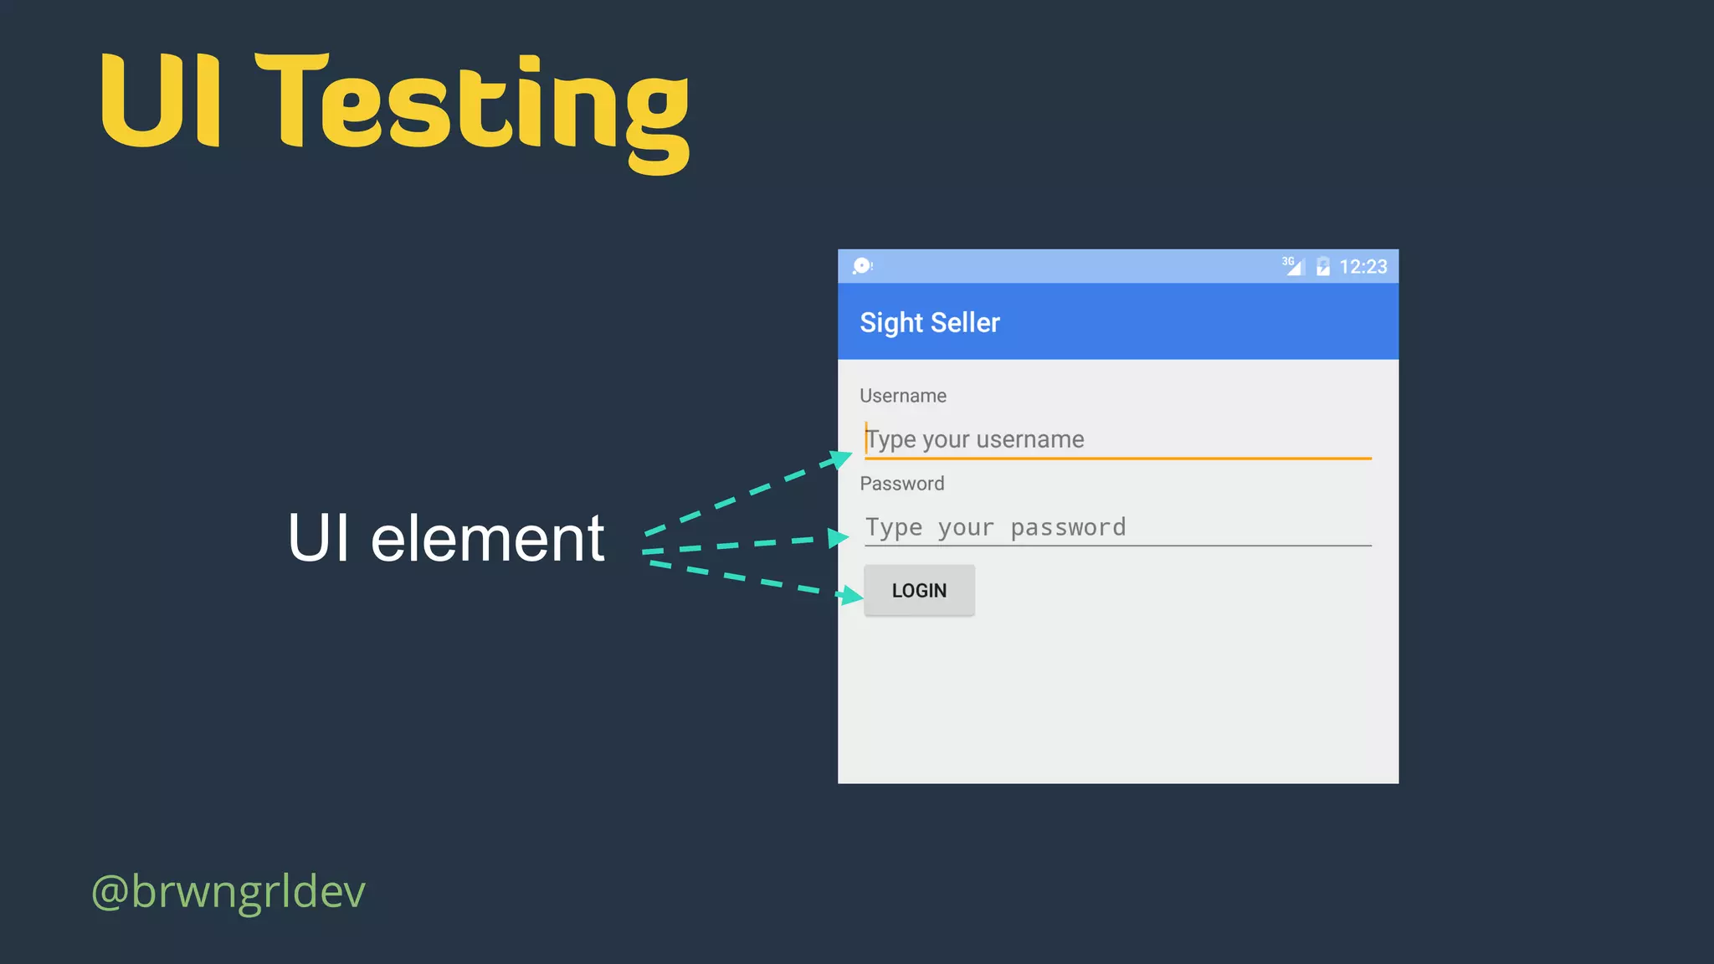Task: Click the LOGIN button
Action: pos(919,590)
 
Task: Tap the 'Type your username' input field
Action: pos(1117,439)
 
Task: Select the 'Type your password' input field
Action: pos(1117,527)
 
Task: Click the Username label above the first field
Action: pos(902,396)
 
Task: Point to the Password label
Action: pos(901,484)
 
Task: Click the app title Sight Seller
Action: pos(929,323)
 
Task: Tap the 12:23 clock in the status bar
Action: pos(1362,267)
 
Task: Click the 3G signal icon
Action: pos(1293,265)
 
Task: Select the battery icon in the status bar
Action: pos(1322,267)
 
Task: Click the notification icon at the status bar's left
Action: pos(862,266)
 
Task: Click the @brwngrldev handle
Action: pos(228,890)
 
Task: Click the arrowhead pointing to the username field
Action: pos(837,459)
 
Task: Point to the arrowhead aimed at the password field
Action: pos(838,537)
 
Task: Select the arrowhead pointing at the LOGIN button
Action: pos(851,595)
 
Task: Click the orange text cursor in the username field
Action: pos(866,438)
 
